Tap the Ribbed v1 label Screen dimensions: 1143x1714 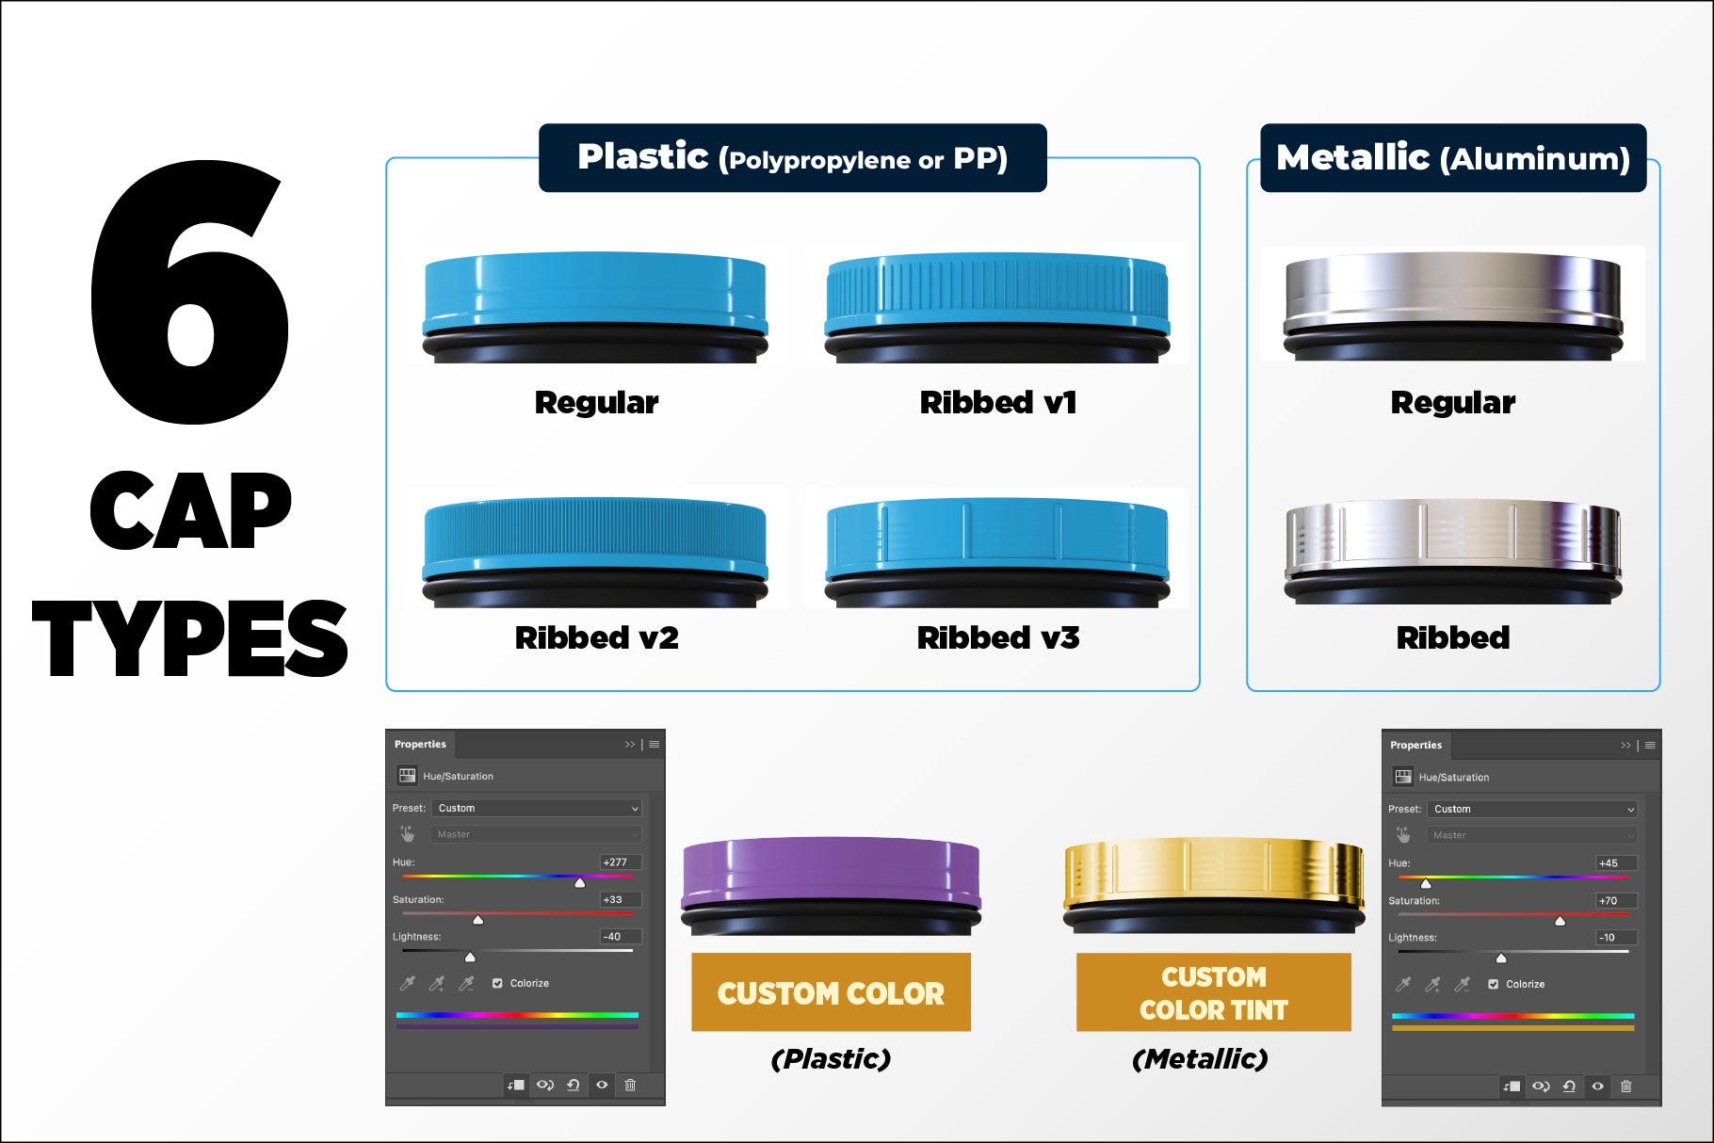tap(998, 403)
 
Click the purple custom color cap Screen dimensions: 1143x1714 tap(831, 880)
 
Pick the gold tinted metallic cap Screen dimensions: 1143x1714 tap(1213, 880)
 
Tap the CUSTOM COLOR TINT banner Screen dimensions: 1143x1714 tap(1213, 992)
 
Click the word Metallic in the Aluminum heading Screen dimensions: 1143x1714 tap(1352, 157)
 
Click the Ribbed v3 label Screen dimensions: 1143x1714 tap(998, 638)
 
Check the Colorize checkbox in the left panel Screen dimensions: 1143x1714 tap(497, 983)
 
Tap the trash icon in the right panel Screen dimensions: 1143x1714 tap(1625, 1086)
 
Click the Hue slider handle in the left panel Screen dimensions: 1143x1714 tap(580, 882)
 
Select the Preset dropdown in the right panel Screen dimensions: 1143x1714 tap(1533, 810)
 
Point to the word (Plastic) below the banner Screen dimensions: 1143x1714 tap(831, 1059)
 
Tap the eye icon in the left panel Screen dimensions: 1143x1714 tap(602, 1085)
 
